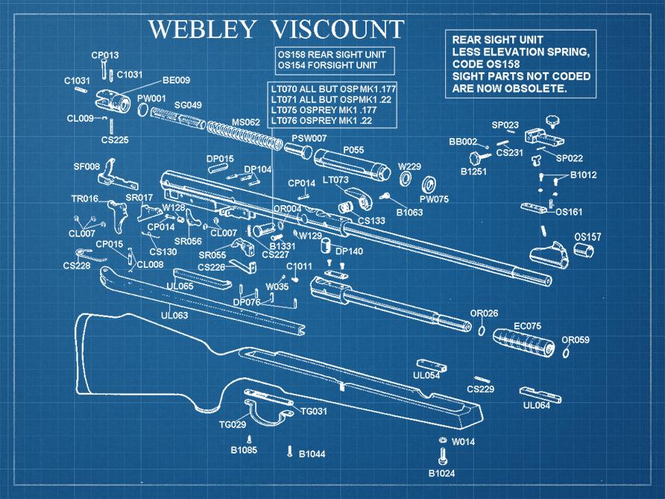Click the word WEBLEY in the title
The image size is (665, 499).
[x=203, y=29]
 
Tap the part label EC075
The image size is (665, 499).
[x=528, y=326]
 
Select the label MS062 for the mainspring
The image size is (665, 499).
[x=245, y=122]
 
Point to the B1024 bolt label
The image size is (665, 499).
[x=441, y=474]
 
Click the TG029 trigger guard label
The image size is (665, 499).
[x=233, y=425]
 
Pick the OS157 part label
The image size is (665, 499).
[x=587, y=237]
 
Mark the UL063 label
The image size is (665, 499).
[x=175, y=316]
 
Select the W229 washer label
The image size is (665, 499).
[x=409, y=166]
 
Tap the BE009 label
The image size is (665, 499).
[x=176, y=81]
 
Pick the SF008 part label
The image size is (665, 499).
[x=86, y=166]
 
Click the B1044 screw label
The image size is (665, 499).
[x=312, y=454]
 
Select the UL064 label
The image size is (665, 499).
[x=536, y=406]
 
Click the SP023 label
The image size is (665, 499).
[x=505, y=125]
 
